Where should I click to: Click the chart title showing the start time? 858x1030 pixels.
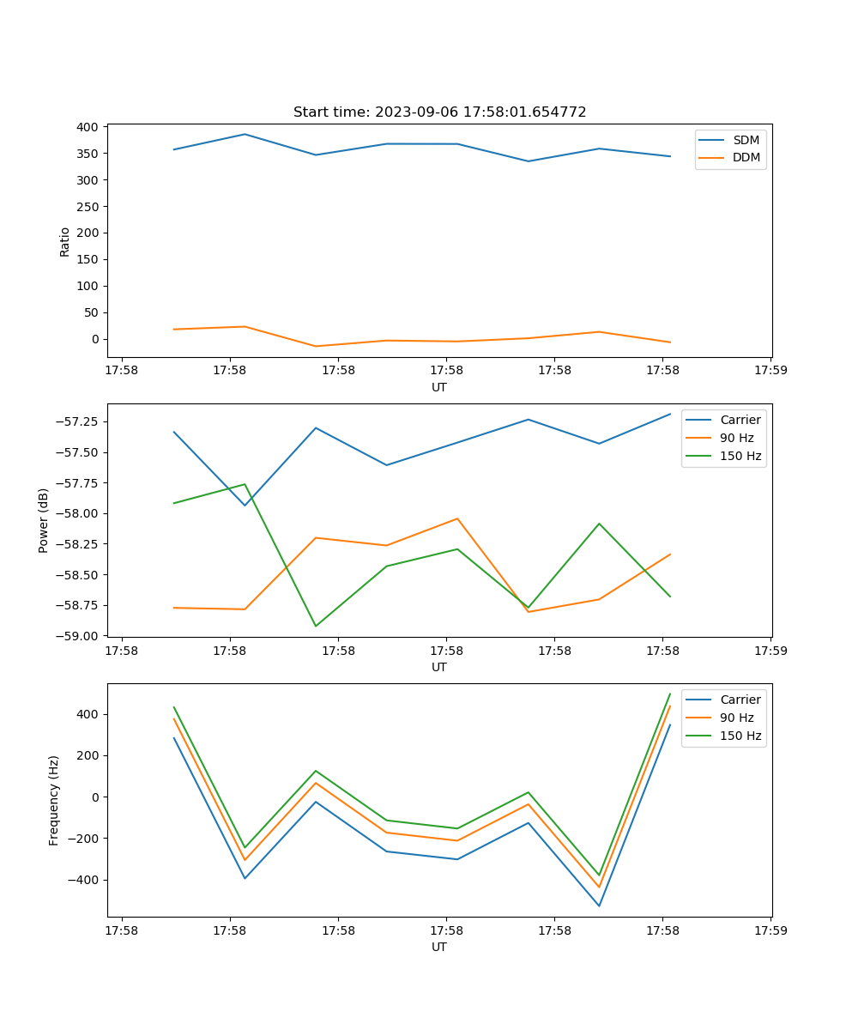pyautogui.click(x=439, y=112)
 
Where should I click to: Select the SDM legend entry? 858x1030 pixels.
pyautogui.click(x=746, y=140)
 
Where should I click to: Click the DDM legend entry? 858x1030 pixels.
pyautogui.click(x=746, y=157)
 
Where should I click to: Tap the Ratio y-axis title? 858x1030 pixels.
pyautogui.click(x=65, y=241)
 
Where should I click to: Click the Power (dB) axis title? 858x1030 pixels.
pyautogui.click(x=44, y=520)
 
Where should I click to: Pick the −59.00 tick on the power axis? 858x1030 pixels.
pyautogui.click(x=80, y=636)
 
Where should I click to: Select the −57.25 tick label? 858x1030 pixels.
pyautogui.click(x=80, y=422)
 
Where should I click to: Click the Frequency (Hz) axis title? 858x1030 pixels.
pyautogui.click(x=54, y=800)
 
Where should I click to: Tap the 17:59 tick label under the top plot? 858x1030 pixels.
pyautogui.click(x=770, y=371)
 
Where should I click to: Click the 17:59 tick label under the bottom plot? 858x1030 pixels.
pyautogui.click(x=770, y=930)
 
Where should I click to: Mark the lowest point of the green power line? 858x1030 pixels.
pyautogui.click(x=316, y=626)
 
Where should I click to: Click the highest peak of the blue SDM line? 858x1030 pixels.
pyautogui.click(x=245, y=134)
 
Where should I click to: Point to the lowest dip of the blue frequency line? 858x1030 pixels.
pyautogui.click(x=599, y=906)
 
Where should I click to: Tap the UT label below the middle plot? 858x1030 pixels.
pyautogui.click(x=439, y=667)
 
